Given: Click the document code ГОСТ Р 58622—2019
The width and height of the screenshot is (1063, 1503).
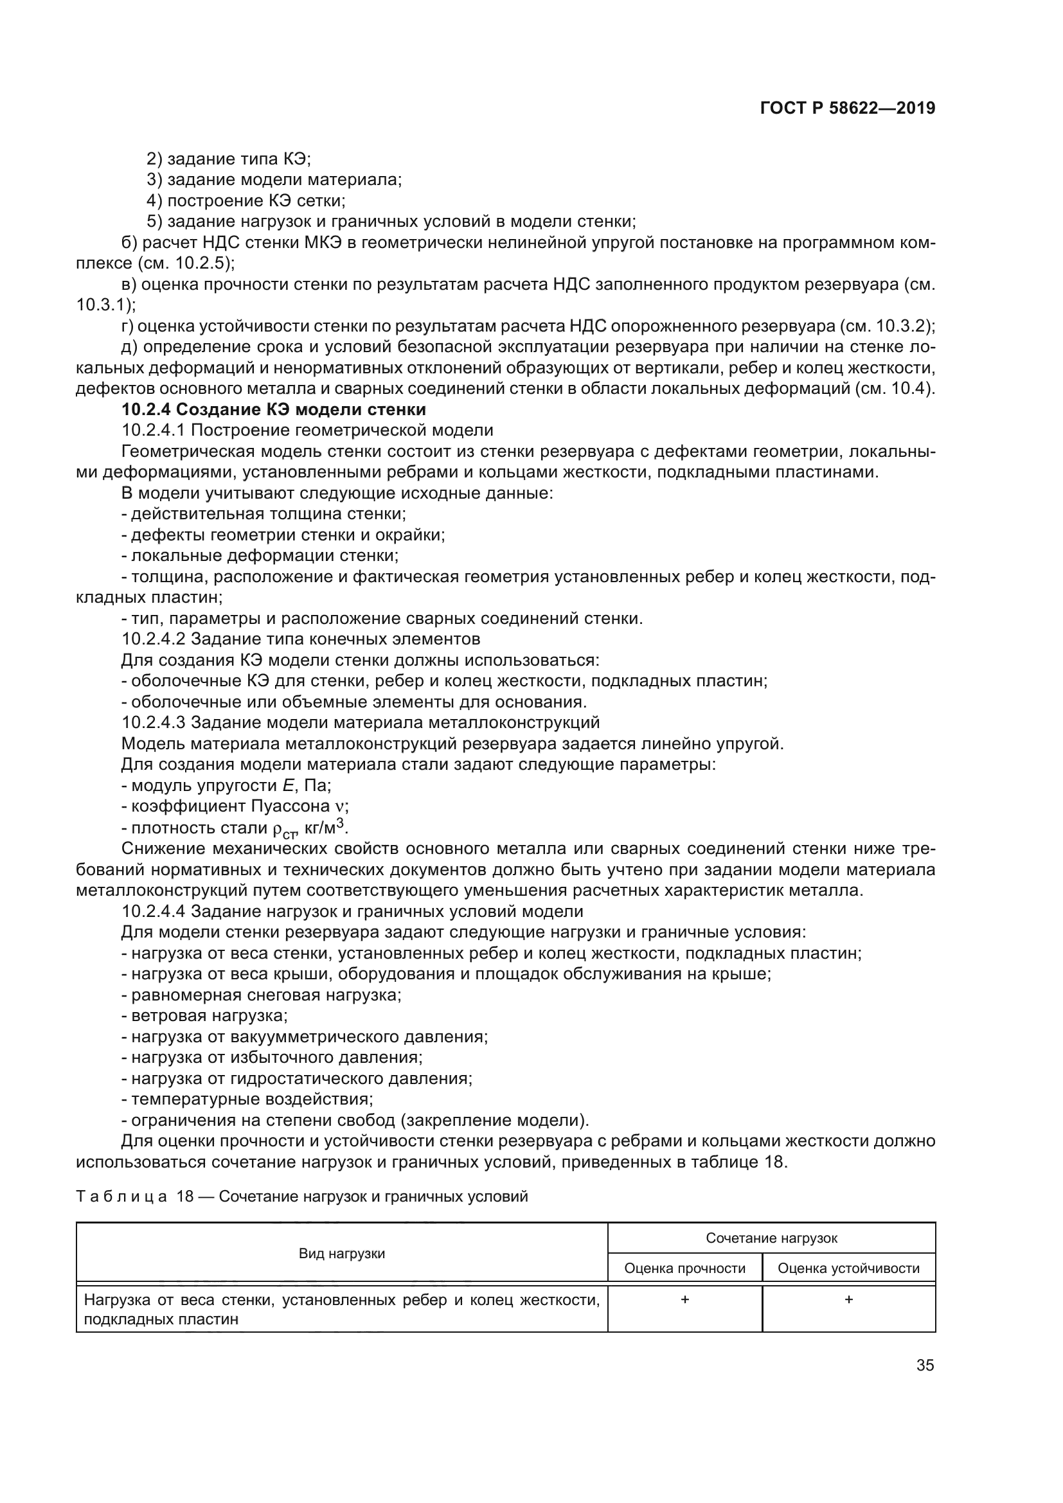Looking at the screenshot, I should [x=847, y=109].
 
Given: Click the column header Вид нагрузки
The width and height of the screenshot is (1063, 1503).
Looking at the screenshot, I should [x=342, y=1254].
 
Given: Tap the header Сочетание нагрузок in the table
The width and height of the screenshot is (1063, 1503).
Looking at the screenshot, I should [x=771, y=1238].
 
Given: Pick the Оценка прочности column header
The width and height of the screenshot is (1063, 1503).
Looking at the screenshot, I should [x=684, y=1268].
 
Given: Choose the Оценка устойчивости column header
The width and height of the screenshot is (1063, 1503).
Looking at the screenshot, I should [x=848, y=1268].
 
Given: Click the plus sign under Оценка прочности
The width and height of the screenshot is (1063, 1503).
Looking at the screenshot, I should [x=684, y=1299].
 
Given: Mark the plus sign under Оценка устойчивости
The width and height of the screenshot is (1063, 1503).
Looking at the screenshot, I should [x=848, y=1299].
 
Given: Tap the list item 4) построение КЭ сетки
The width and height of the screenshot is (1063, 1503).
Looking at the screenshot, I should [x=246, y=200].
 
